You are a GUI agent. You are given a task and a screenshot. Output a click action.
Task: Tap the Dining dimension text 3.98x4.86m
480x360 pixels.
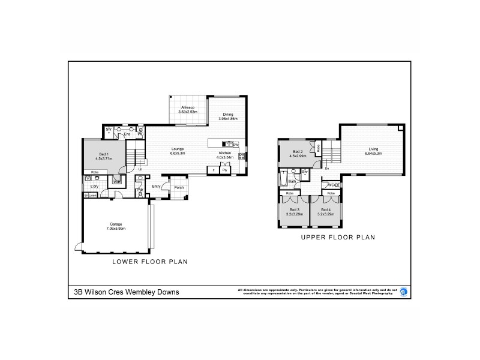coord(228,119)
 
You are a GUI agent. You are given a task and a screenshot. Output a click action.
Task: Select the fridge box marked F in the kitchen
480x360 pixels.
coord(214,170)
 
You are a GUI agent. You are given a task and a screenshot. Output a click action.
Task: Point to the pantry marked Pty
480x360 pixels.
coord(225,170)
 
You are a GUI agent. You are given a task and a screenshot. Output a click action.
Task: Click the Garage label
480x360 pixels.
coord(116,224)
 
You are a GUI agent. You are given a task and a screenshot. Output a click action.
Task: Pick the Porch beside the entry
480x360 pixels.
coord(179,187)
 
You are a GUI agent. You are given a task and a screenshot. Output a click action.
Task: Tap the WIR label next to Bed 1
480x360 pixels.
coord(118,182)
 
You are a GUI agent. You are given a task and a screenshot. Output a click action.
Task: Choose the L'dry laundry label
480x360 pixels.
coord(94,186)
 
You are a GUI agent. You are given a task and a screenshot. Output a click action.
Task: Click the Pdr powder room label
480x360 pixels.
coord(139,190)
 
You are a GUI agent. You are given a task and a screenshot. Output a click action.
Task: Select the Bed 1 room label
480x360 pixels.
coord(104,154)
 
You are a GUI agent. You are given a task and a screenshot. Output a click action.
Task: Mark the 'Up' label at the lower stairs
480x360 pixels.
coord(140,169)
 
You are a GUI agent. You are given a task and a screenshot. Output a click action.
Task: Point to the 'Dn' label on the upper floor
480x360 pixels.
coord(327,169)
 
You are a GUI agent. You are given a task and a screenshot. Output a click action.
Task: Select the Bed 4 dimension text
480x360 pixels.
coord(325,214)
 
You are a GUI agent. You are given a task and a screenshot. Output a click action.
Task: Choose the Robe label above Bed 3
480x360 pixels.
coord(289,193)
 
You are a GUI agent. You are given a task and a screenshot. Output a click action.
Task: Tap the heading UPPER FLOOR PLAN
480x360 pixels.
coord(338,237)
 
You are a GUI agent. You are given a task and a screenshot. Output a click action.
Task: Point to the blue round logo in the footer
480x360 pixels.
coord(403,292)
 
